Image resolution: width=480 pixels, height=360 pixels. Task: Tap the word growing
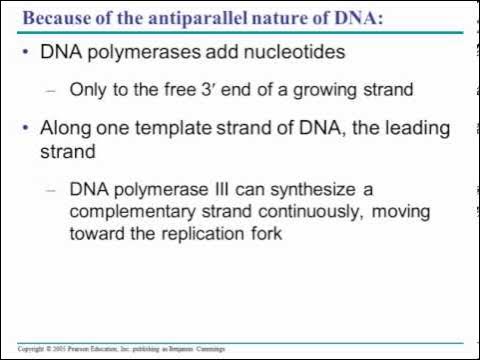point(330,89)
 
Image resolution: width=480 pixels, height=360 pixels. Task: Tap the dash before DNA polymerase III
point(53,188)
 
